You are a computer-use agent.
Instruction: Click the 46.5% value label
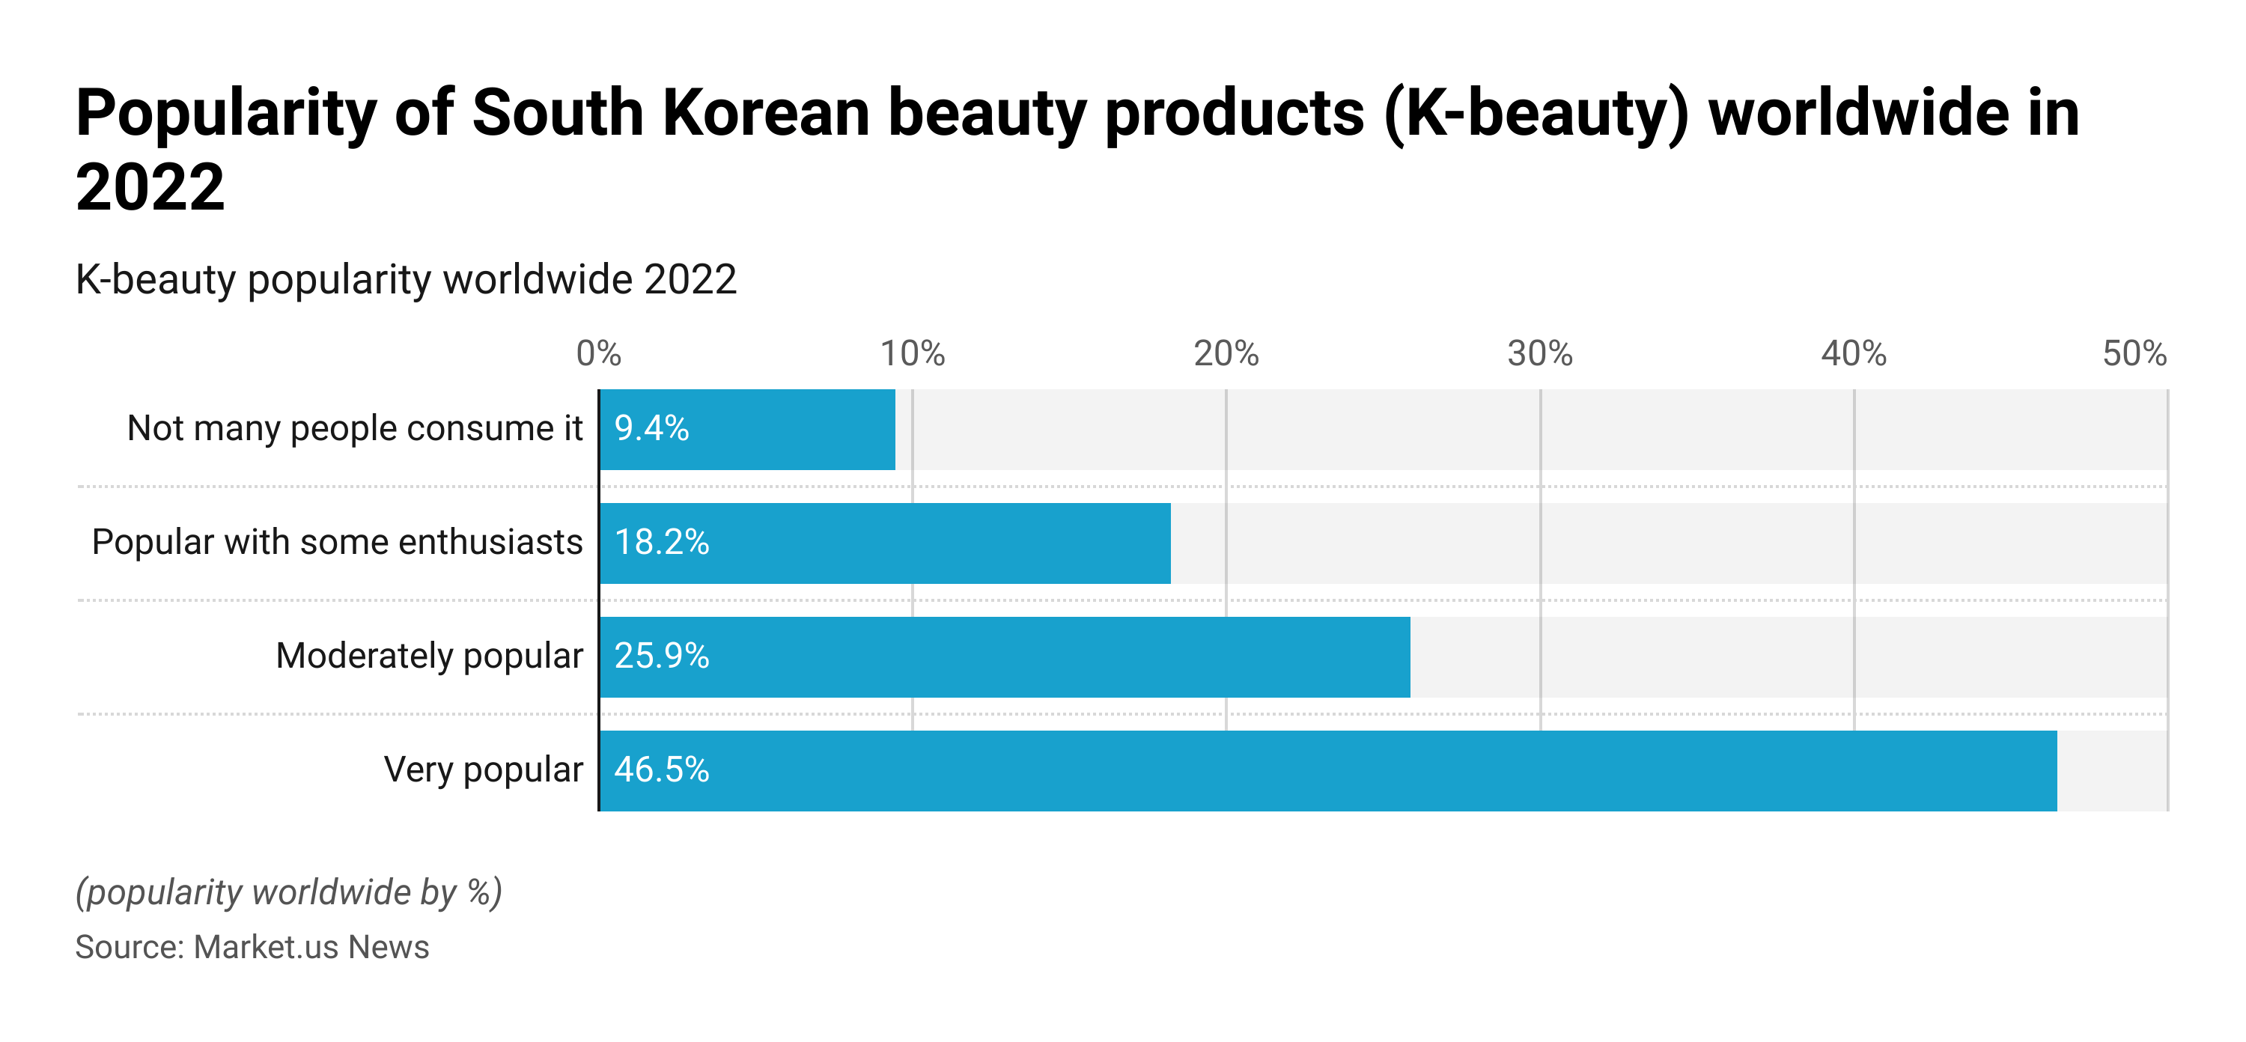662,770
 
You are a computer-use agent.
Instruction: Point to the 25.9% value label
662,656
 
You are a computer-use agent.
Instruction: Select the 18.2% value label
662,543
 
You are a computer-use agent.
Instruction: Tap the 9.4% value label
651,429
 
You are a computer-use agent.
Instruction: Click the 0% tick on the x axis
599,354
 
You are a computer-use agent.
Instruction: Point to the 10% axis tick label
912,354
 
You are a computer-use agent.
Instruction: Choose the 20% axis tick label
1226,354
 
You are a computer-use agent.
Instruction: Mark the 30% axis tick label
1540,354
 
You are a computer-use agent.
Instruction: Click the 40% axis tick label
1854,354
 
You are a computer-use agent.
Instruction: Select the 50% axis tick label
2134,354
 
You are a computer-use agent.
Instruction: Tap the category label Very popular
483,770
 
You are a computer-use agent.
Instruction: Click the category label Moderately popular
429,656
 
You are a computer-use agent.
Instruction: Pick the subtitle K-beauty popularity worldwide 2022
407,280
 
